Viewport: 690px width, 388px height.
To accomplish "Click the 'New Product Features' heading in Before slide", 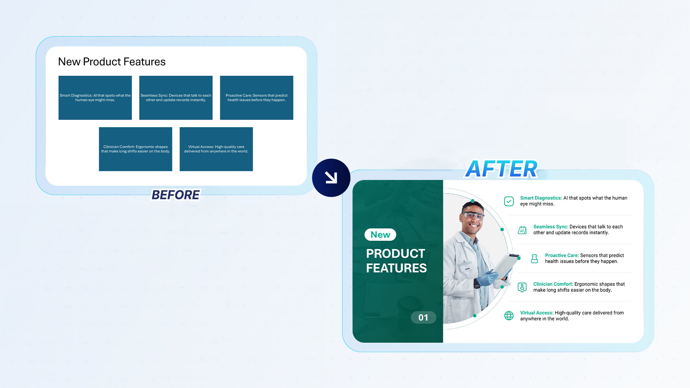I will point(112,62).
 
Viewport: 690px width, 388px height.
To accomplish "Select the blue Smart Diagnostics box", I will point(95,98).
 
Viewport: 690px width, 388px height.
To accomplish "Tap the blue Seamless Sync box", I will point(176,98).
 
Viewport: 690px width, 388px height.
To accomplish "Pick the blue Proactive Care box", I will point(257,98).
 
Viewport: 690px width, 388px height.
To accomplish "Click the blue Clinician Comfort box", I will point(135,149).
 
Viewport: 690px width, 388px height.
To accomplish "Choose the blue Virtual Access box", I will point(216,149).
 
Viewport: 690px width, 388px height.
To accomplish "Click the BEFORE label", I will point(175,195).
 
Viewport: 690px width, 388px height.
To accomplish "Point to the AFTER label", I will point(501,169).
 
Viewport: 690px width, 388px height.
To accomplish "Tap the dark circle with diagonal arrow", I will point(331,178).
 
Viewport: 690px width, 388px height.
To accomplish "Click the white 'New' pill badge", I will point(380,235).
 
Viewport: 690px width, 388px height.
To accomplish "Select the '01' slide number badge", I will point(423,318).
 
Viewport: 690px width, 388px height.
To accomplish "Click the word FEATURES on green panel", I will point(396,268).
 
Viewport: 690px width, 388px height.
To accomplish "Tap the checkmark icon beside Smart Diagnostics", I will point(509,201).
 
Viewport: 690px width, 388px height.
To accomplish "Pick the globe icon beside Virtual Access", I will point(509,316).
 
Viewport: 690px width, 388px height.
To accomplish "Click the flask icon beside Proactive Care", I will point(534,259).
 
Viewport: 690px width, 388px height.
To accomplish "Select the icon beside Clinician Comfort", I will point(522,287).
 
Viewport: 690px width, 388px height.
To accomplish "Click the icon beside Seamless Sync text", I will point(522,230).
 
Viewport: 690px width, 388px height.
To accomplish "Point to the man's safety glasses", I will point(474,216).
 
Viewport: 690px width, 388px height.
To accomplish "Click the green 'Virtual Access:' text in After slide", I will point(537,313).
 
